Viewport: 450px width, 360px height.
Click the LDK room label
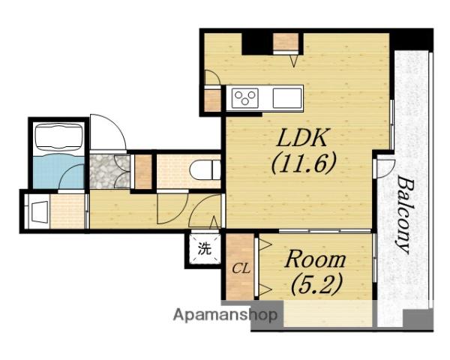(301, 138)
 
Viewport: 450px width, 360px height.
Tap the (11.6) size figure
(303, 163)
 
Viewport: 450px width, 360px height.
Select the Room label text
(315, 259)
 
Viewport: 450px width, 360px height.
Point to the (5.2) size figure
(316, 283)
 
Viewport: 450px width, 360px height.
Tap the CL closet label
(241, 269)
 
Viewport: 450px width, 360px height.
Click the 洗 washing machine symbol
(205, 248)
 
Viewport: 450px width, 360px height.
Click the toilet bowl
(205, 171)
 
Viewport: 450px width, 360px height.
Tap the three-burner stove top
(244, 98)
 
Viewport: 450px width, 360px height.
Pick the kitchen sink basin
(286, 98)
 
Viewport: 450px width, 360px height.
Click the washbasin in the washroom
(38, 211)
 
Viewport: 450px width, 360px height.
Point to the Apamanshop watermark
(225, 315)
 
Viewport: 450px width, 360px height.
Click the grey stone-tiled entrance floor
(109, 172)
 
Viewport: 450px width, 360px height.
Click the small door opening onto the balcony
(385, 167)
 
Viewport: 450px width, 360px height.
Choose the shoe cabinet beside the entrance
(143, 172)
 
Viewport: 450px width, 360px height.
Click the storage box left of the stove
(212, 100)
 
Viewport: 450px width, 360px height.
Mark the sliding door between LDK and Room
(325, 231)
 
